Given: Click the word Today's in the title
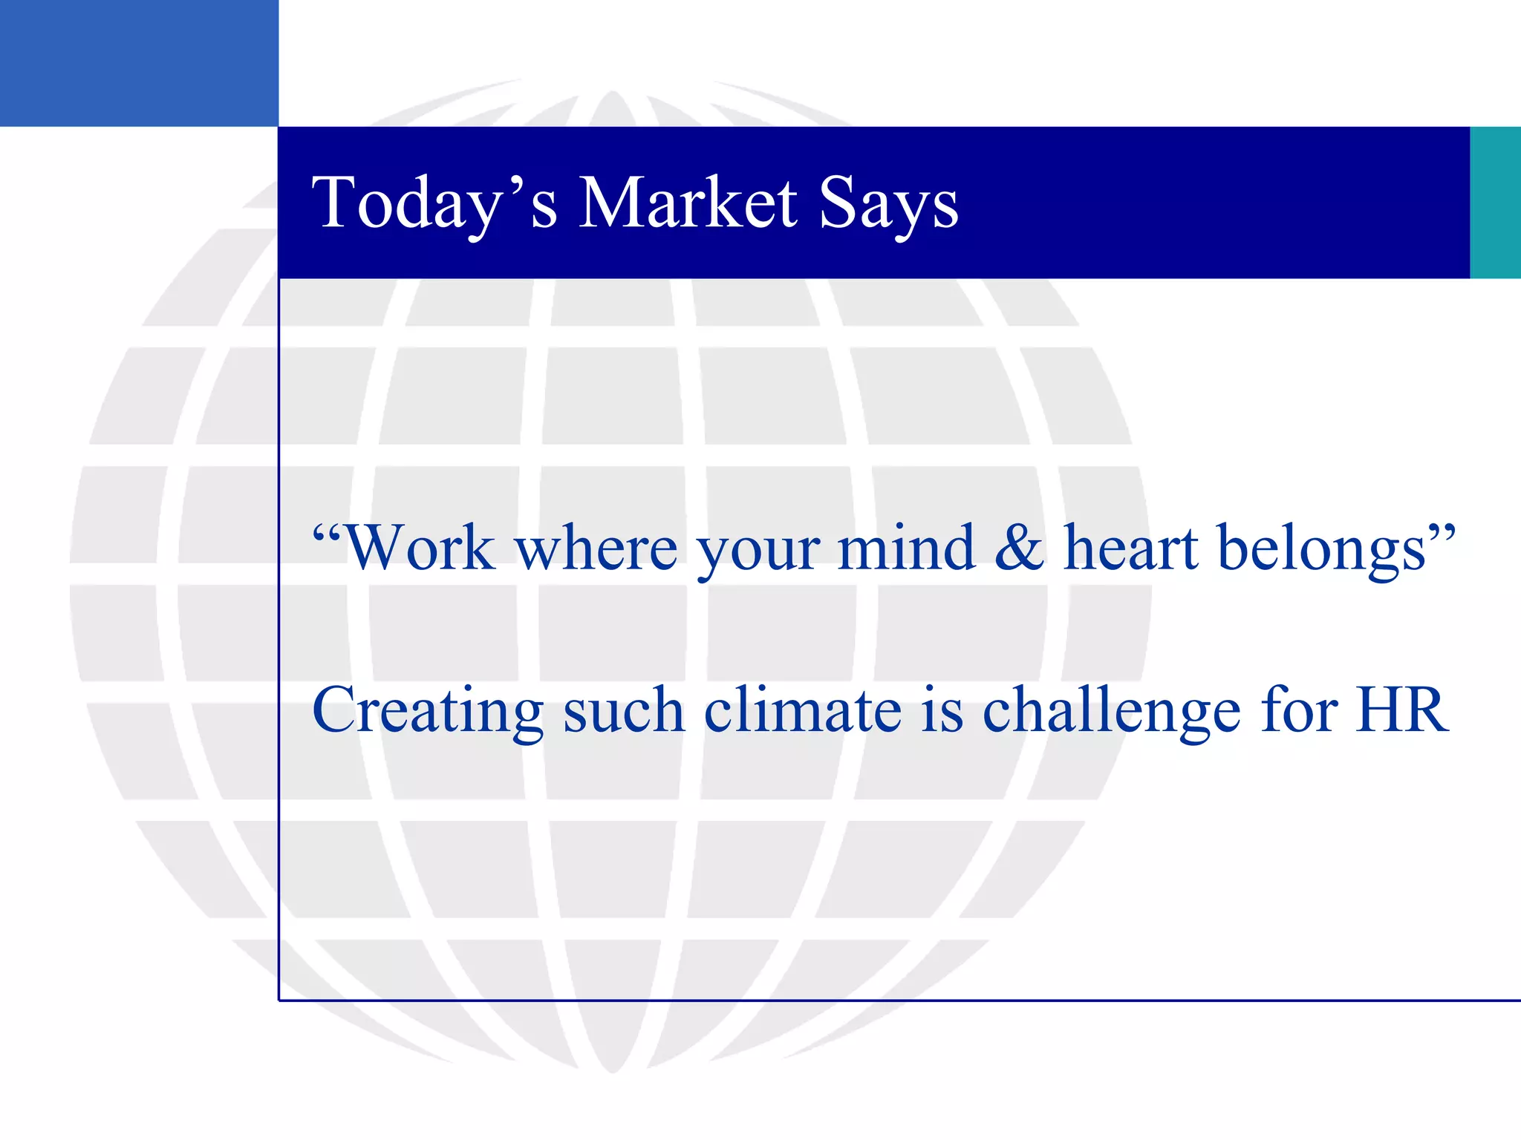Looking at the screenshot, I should (x=434, y=203).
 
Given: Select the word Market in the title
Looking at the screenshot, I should (x=688, y=203).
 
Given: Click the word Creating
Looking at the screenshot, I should (x=428, y=711).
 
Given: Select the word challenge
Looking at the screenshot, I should (x=1111, y=711).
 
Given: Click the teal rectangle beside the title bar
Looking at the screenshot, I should (x=1495, y=203).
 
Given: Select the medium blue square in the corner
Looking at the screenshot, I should (x=139, y=63).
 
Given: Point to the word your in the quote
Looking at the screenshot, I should (x=758, y=553).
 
